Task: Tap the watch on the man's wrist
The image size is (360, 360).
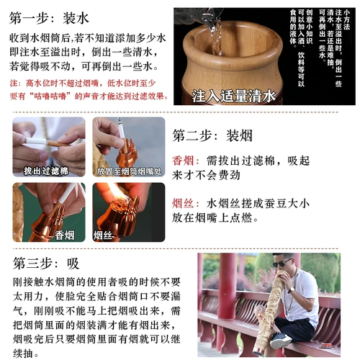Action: pos(292,290)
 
